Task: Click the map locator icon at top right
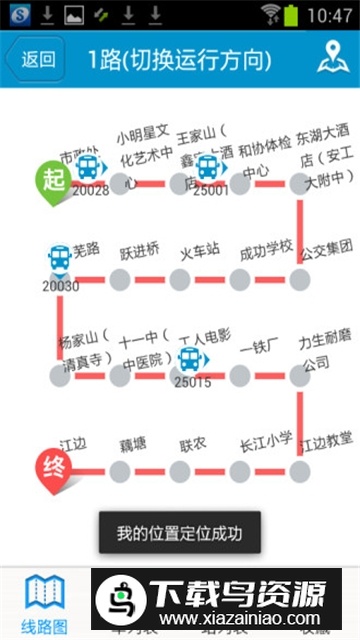pos(333,58)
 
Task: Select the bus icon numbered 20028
pos(89,166)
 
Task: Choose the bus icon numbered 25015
pos(190,356)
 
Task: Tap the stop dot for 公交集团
pos(300,279)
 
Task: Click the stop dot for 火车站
pos(180,279)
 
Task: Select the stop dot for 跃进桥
pos(120,279)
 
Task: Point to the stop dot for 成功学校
pos(240,279)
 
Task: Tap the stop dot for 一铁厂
pos(240,375)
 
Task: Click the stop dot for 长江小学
pos(240,471)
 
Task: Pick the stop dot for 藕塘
pos(120,471)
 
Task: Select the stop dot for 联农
pos(180,471)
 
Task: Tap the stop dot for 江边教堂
pos(300,471)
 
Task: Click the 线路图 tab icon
pos(45,596)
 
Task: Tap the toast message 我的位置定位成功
pos(179,531)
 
